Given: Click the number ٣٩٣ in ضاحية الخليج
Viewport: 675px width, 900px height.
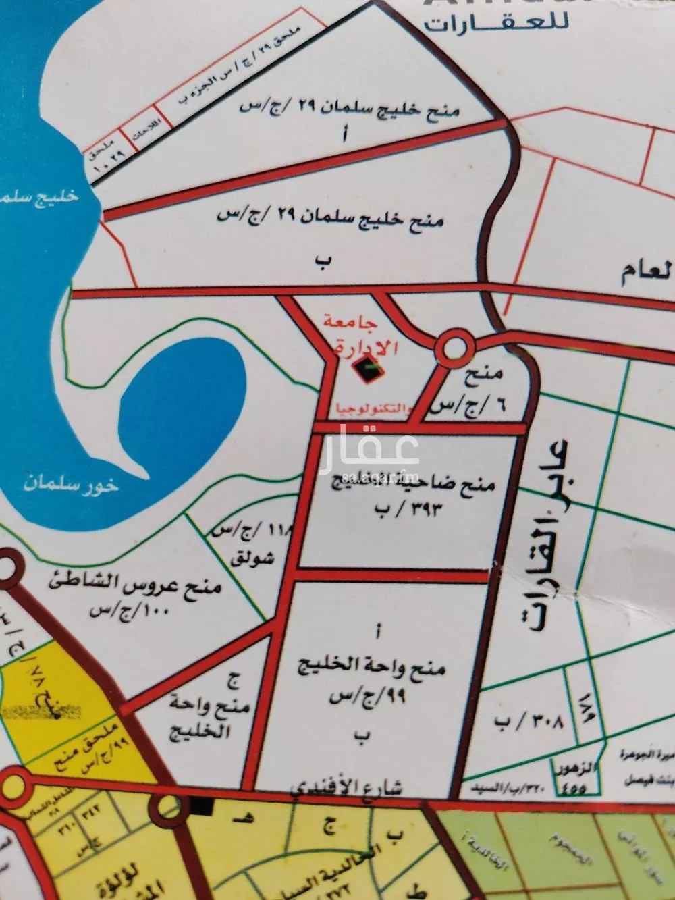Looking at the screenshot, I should coord(424,508).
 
